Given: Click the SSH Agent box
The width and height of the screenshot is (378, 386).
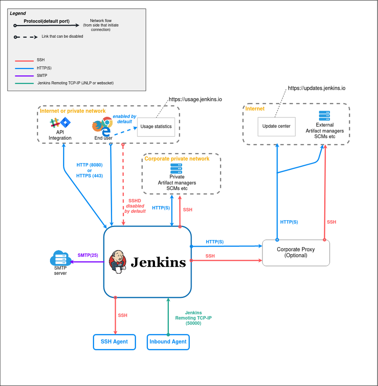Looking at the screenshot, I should (x=114, y=342).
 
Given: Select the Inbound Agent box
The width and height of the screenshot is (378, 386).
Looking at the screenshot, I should (x=168, y=342).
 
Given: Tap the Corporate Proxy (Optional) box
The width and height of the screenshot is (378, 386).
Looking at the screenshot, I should (x=296, y=253).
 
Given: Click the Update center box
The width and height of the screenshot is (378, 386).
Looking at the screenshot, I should (x=276, y=126).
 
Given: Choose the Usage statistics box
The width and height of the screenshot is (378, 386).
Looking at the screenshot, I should (x=156, y=126).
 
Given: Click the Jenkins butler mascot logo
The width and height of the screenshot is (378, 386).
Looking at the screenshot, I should (x=118, y=262).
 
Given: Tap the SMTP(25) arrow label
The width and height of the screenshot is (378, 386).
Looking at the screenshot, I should (x=87, y=255).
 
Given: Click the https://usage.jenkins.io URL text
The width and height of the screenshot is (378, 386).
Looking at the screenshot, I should (x=195, y=100).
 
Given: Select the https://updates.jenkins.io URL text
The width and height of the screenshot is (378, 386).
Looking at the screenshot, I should (x=316, y=89).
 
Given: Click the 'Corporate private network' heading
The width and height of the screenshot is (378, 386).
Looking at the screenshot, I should (x=177, y=159).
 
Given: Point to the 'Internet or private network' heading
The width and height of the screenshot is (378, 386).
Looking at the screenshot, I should (x=73, y=111).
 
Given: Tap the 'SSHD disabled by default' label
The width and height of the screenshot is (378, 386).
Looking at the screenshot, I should (x=135, y=206).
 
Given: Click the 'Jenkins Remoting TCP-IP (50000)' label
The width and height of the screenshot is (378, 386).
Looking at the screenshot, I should (x=193, y=318).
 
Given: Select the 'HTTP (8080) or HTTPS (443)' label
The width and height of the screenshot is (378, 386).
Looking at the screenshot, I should (x=89, y=170).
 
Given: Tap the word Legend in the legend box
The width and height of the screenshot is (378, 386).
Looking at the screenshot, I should (x=18, y=13).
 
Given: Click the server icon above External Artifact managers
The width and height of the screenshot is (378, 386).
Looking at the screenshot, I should (x=324, y=116).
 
